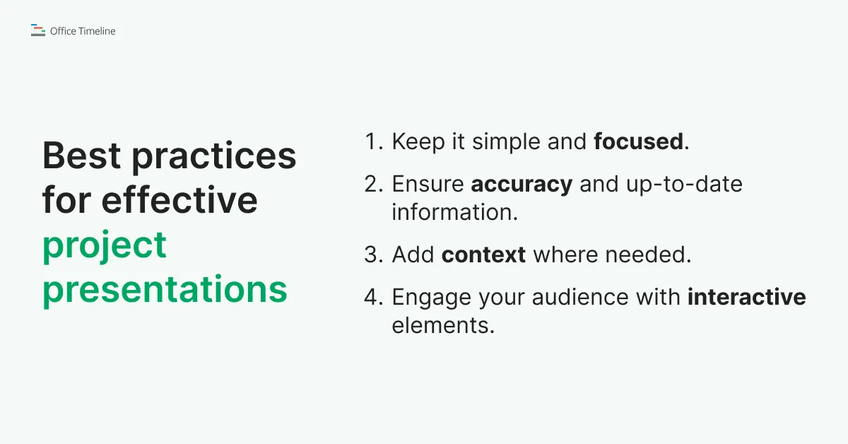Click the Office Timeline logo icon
coord(38,30)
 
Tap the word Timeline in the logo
coord(97,31)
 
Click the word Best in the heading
coord(81,156)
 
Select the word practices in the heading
coord(214,158)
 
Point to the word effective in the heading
coord(179,199)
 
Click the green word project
coord(105,247)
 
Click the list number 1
coord(374,141)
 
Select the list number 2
coord(374,184)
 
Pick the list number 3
coord(374,255)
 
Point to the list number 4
coord(374,297)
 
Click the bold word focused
coord(639,141)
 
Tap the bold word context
coord(483,255)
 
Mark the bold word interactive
coord(746,296)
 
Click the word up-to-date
coord(684,185)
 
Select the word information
coord(454,212)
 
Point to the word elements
coord(443,325)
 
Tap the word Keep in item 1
coord(418,142)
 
